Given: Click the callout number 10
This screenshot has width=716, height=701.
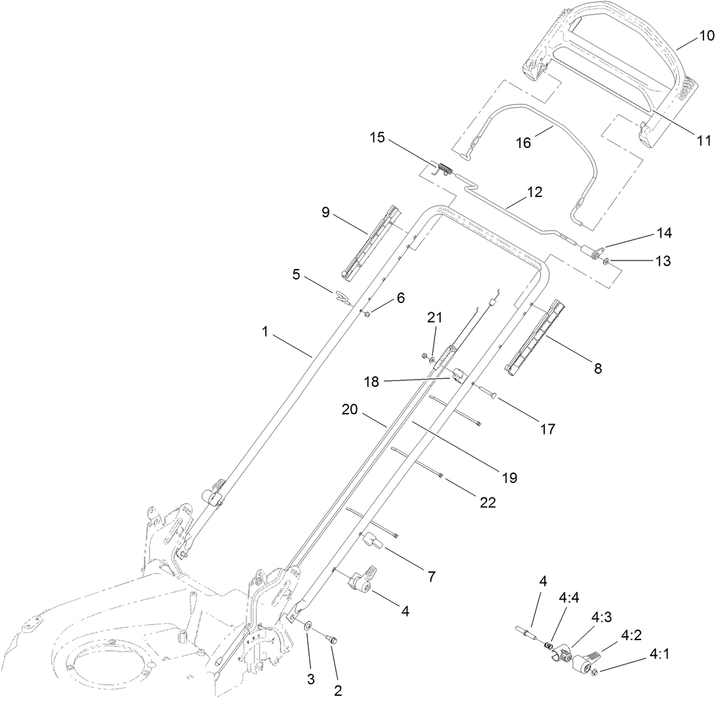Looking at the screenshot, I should click(706, 35).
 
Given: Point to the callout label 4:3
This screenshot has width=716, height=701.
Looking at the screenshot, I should click(602, 617).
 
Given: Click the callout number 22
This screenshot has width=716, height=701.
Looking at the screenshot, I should click(487, 503).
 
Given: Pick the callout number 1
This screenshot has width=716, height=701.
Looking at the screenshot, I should click(265, 333).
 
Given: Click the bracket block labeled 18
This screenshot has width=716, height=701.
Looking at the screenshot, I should click(457, 376).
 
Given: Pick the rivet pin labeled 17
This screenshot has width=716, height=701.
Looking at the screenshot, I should click(489, 393).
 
